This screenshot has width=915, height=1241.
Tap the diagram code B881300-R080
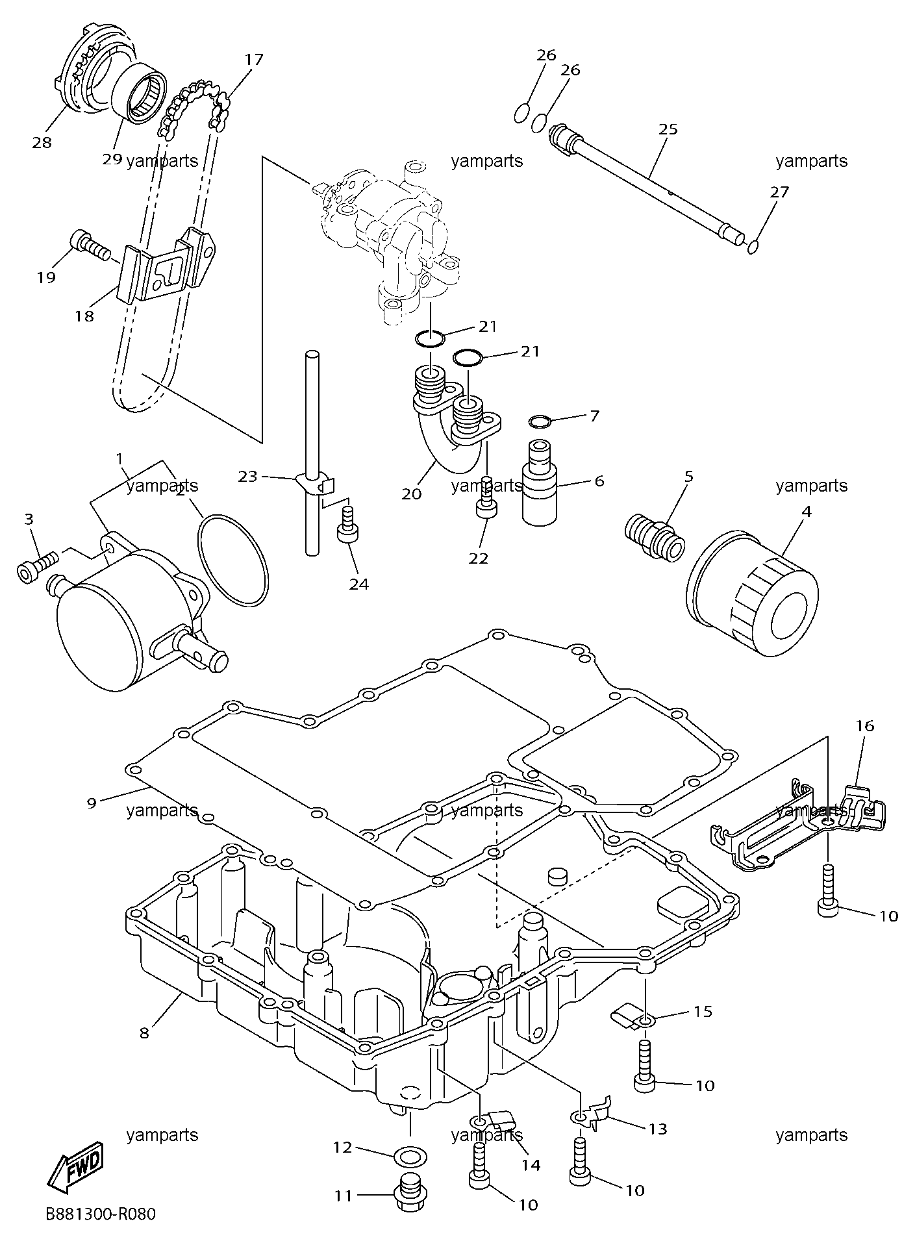pos(101,1213)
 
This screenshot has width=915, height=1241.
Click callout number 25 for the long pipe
pos(668,129)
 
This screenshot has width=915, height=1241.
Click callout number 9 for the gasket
pos(92,803)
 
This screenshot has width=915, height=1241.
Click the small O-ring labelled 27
pos(753,247)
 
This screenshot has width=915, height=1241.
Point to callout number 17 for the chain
pos(254,60)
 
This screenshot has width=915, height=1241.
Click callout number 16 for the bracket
pos(865,725)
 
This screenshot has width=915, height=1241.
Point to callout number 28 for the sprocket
pos(42,142)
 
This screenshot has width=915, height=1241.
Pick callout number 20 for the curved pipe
pos(412,494)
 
